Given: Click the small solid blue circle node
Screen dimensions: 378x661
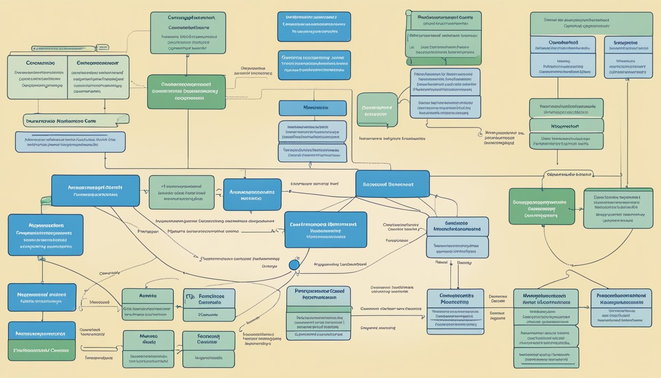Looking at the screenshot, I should (x=294, y=265).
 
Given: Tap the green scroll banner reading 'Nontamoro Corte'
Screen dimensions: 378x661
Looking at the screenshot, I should (x=76, y=120).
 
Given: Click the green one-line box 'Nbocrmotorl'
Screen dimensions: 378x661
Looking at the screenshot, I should (x=566, y=126).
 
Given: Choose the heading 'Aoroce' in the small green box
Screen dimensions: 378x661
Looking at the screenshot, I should (x=148, y=296).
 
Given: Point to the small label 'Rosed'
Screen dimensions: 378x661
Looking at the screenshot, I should (x=442, y=262).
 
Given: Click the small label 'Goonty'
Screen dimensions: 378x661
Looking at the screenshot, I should (x=464, y=262).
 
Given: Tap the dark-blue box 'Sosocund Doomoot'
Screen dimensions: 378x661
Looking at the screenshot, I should (x=392, y=184).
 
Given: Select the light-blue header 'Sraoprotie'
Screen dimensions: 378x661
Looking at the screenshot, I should (x=628, y=43).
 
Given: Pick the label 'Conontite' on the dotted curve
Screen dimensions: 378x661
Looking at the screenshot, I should (x=110, y=273).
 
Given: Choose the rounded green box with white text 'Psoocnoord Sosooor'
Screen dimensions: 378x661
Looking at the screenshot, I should (x=377, y=110).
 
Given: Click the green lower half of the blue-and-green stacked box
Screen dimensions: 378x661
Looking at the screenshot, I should (x=41, y=350).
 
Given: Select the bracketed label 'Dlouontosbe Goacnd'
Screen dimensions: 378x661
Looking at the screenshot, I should (x=569, y=174).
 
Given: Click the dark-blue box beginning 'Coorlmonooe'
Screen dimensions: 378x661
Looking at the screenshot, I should (x=326, y=229).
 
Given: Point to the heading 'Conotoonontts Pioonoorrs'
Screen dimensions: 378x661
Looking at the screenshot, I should (x=451, y=298).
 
